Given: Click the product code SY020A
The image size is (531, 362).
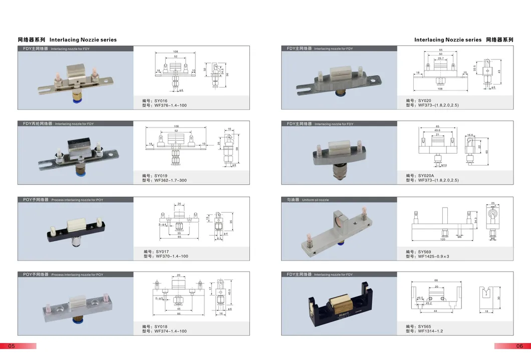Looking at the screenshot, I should [420, 175].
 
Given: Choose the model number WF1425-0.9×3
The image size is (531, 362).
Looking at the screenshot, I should [427, 256].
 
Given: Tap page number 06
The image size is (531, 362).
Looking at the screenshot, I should [519, 346].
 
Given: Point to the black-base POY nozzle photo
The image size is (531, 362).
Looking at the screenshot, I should [75, 229].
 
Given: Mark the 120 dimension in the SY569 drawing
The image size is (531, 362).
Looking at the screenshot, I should [443, 239].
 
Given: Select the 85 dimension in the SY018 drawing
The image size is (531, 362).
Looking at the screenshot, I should [179, 314].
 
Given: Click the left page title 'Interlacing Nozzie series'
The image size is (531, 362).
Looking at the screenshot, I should [83, 39].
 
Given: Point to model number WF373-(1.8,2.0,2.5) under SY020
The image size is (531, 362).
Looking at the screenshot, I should [432, 105].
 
